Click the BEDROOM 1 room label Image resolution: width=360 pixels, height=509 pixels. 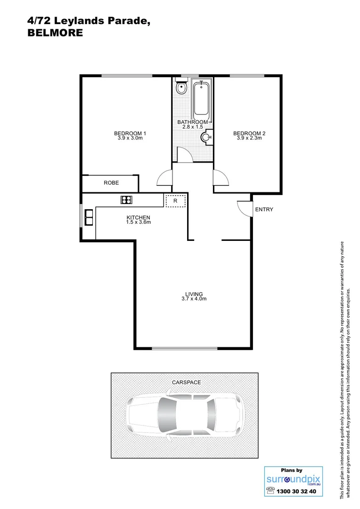(129, 133)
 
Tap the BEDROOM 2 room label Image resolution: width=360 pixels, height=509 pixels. (249, 133)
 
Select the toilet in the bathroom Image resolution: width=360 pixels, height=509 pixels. (181, 88)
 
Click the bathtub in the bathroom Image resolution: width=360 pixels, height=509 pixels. (202, 99)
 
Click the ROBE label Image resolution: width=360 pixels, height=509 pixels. (111, 183)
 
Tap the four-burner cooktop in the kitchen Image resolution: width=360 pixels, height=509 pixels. (126, 200)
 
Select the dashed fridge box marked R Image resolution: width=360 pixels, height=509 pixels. (175, 201)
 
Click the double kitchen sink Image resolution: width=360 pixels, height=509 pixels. (89, 217)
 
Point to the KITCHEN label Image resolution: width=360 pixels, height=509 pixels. (138, 217)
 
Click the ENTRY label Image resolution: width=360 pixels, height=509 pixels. (264, 210)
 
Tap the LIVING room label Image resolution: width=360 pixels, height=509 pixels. (194, 294)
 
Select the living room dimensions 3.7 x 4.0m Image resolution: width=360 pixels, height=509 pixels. (194, 299)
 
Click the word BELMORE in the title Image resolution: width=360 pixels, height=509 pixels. (55, 33)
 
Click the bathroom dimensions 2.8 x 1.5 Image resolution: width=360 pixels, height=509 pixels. (192, 127)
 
